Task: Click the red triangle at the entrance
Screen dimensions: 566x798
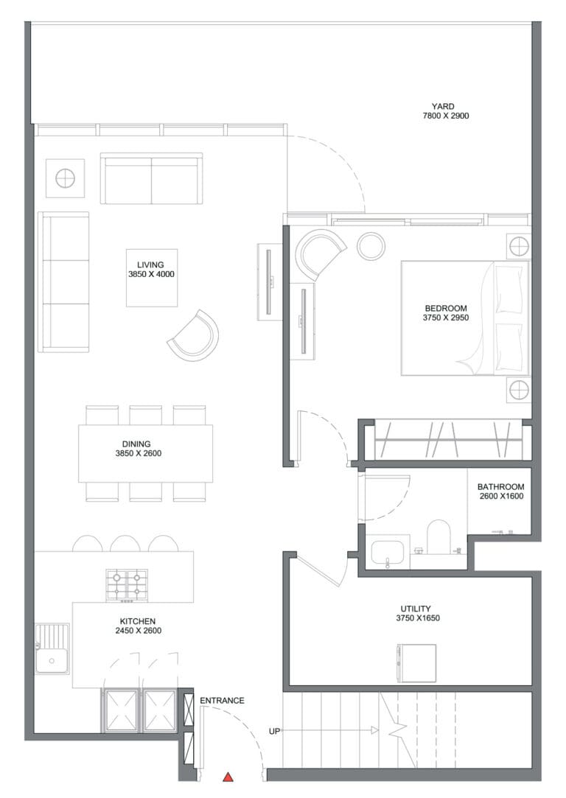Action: (228, 777)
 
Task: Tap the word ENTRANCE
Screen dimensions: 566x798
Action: (222, 701)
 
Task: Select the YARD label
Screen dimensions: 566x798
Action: (443, 106)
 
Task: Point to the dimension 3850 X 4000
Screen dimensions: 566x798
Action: (151, 274)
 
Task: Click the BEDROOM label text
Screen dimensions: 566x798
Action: (446, 309)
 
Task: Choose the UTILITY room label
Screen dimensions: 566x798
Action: (416, 609)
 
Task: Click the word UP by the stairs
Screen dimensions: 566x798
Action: (274, 732)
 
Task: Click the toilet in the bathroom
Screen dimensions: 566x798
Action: (439, 537)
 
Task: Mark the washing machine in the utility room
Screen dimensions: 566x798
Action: (416, 664)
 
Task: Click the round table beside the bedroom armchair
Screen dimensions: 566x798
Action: (371, 246)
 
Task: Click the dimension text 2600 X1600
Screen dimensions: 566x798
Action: (501, 496)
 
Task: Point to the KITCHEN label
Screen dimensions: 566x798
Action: (138, 621)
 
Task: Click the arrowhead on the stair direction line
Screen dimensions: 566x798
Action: (374, 731)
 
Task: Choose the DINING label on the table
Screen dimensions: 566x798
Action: (136, 444)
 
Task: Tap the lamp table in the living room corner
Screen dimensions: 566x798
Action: (65, 178)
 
